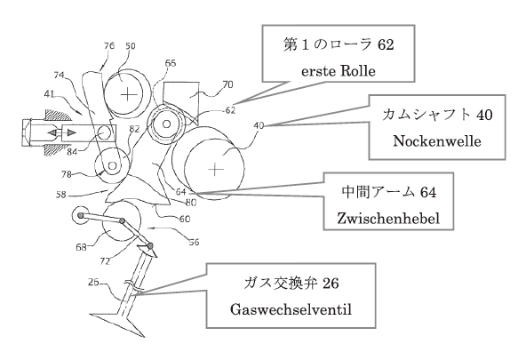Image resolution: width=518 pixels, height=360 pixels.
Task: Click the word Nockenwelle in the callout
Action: (437, 141)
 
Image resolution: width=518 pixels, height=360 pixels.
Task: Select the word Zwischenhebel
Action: (388, 218)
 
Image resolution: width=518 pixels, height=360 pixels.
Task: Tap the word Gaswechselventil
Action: (291, 309)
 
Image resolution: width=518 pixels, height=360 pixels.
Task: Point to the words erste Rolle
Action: (339, 71)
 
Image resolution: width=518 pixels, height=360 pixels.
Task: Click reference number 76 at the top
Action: (109, 45)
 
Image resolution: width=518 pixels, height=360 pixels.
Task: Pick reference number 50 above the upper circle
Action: (130, 46)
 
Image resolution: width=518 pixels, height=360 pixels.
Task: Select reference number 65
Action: (171, 63)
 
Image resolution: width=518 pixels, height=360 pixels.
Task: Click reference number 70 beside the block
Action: (228, 84)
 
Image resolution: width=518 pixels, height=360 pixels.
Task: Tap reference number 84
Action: (72, 152)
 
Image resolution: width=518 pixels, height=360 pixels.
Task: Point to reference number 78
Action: (67, 174)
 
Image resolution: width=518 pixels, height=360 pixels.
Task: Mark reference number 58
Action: (61, 195)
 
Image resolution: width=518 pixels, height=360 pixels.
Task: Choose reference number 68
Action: (81, 247)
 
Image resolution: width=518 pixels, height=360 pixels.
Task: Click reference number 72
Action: (105, 261)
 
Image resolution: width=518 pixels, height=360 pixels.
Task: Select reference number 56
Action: (194, 243)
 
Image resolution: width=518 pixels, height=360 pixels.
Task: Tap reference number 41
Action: (49, 94)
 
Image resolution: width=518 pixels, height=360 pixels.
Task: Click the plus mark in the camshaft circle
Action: (216, 170)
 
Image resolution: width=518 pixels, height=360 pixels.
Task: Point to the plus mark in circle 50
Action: (128, 95)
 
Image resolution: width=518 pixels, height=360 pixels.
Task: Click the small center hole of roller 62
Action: (167, 124)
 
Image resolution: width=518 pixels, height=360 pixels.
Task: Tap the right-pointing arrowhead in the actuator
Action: (71, 132)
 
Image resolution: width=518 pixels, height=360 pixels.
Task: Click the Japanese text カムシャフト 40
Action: (437, 115)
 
